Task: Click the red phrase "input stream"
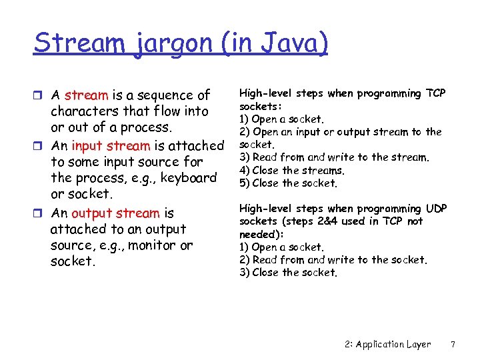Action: [x=111, y=145]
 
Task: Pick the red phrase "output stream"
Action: [x=115, y=213]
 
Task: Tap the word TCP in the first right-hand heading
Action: [x=435, y=93]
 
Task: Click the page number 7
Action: [x=453, y=344]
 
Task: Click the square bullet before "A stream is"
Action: [x=40, y=95]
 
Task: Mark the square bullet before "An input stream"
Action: [x=40, y=146]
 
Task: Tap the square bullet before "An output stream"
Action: [x=40, y=214]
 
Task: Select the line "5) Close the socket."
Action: [x=288, y=183]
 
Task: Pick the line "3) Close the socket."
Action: [x=288, y=272]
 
